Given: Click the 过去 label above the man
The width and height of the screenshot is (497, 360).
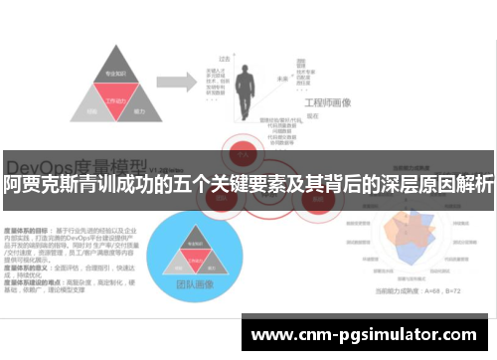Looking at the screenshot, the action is (225, 59).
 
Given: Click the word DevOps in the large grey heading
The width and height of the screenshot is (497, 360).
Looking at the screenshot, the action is (40, 161).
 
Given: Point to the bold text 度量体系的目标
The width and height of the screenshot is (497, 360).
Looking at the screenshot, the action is (25, 202).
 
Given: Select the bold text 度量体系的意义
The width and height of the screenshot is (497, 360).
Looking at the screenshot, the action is (25, 239).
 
